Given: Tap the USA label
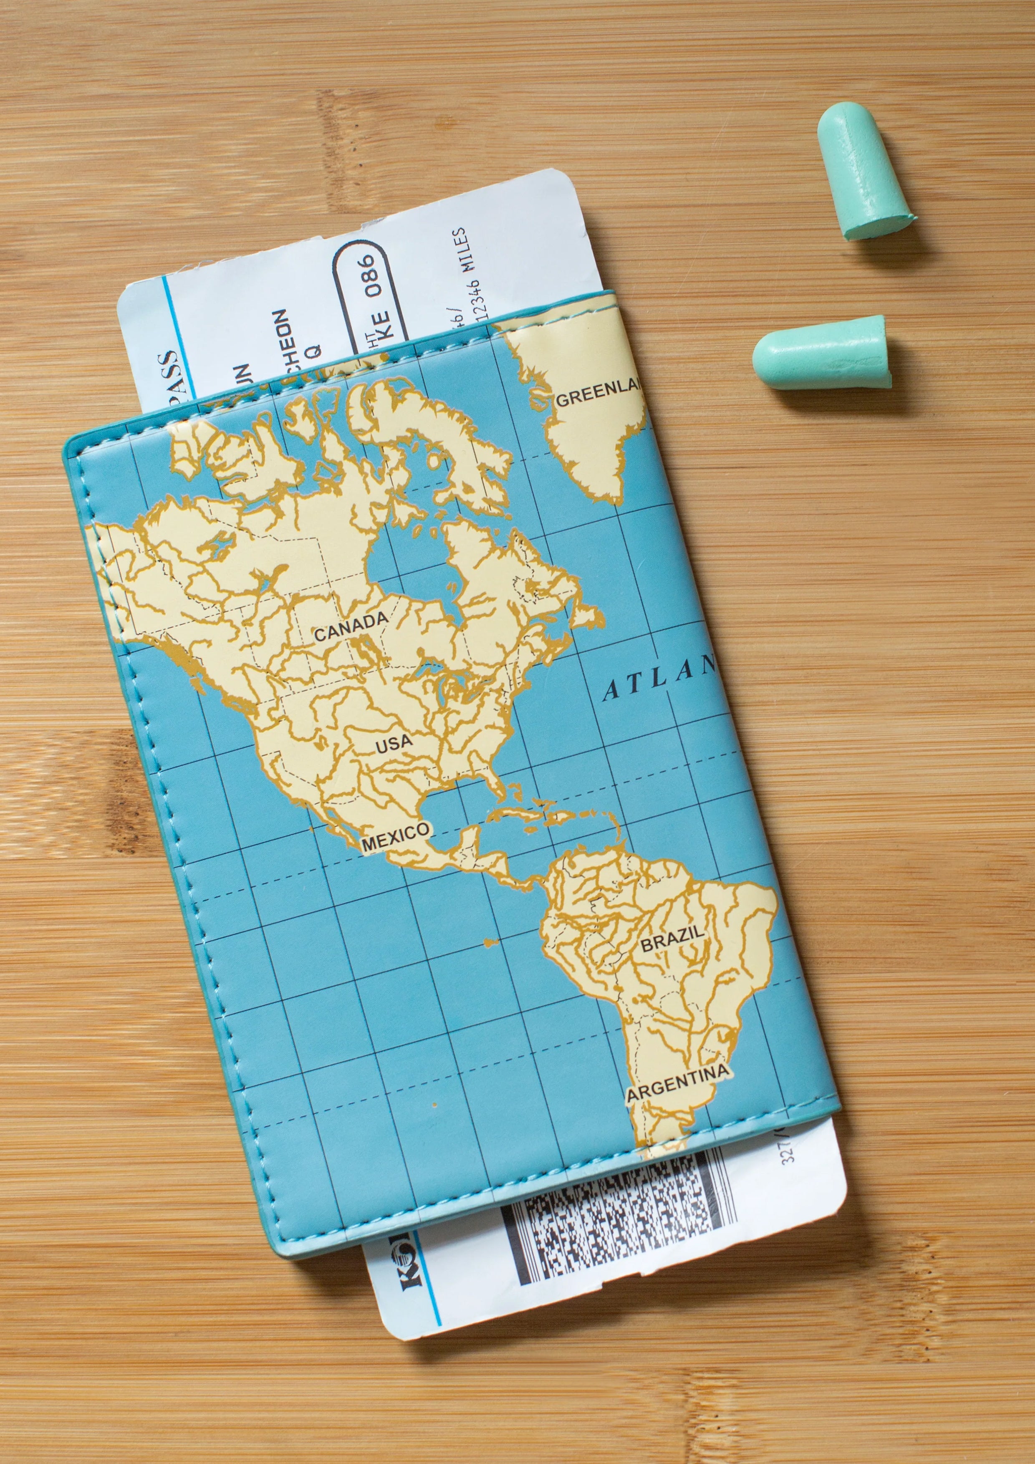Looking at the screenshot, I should tap(394, 744).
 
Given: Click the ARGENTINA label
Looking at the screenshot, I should tap(678, 1083).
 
